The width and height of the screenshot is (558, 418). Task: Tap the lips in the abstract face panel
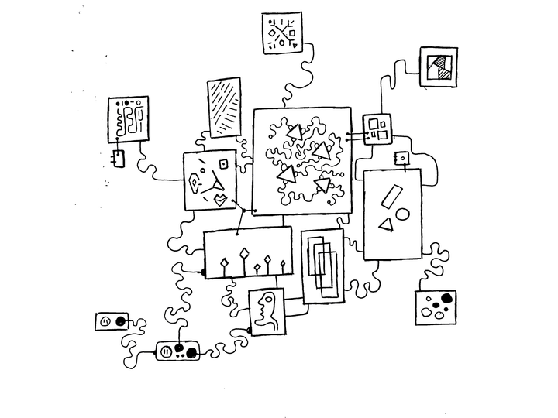[221, 199]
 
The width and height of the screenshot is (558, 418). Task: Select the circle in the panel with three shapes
[402, 213]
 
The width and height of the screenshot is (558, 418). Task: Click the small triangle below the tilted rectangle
[385, 225]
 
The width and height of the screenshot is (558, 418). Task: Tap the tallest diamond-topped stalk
[244, 255]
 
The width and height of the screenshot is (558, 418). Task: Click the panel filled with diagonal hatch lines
[224, 107]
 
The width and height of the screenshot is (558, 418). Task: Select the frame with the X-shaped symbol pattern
[281, 33]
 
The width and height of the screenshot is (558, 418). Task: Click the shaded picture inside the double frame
[439, 67]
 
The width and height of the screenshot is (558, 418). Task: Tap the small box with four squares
[377, 128]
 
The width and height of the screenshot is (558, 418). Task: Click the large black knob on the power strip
[190, 353]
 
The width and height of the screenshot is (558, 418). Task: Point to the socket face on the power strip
[166, 352]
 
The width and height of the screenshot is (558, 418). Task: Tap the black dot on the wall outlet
[120, 320]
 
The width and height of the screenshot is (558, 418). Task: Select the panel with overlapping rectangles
[322, 265]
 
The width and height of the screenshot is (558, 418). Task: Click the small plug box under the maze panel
[118, 159]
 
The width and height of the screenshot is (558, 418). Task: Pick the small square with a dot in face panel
[223, 163]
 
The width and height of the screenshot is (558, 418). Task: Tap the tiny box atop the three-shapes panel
[401, 159]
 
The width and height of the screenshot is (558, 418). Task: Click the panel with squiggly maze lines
[128, 119]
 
